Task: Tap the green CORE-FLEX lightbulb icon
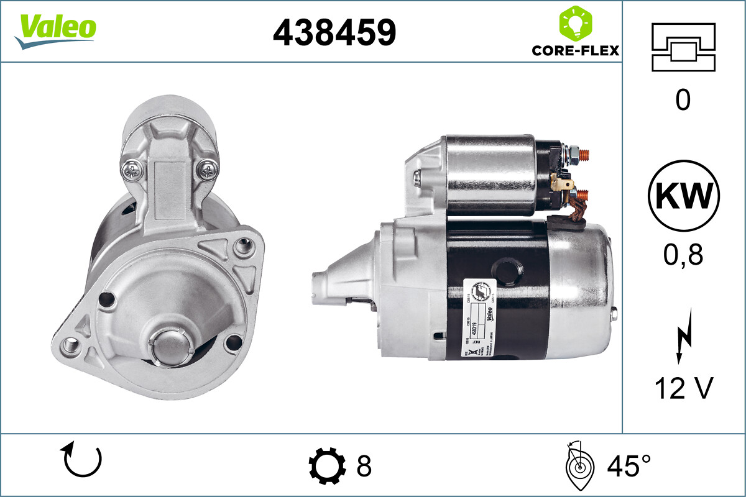click(x=576, y=24)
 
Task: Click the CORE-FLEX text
click(x=575, y=50)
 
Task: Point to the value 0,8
click(x=683, y=255)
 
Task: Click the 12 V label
click(x=683, y=388)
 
